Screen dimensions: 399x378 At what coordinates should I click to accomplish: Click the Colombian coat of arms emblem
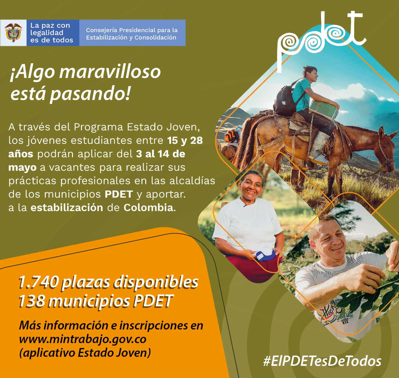point(13,32)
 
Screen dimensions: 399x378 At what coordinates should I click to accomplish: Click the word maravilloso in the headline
point(110,72)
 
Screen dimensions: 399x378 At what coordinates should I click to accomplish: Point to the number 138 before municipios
point(32,301)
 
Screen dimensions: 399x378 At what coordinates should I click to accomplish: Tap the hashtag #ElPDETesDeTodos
point(322,361)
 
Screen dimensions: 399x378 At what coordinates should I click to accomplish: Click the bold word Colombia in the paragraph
point(148,208)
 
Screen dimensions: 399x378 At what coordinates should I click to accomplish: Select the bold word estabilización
point(67,208)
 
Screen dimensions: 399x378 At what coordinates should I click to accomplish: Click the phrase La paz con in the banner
point(50,25)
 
